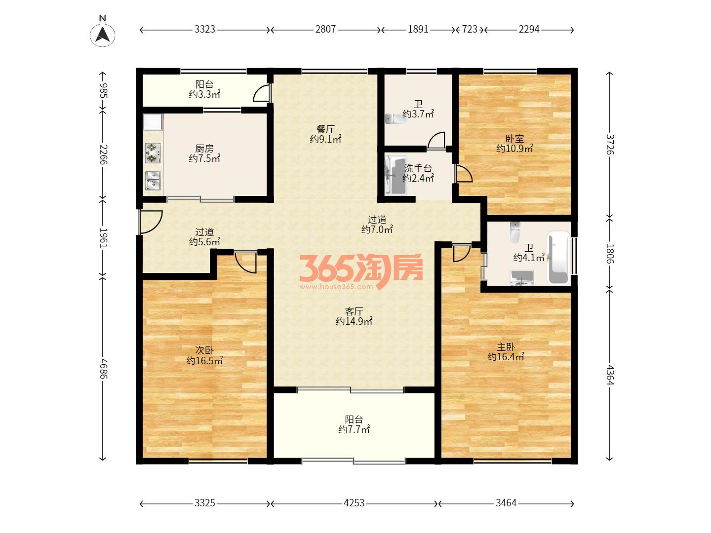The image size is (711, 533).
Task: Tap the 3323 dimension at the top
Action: [x=205, y=30]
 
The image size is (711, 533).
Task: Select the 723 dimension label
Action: [x=470, y=30]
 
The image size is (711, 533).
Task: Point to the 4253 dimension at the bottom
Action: [x=354, y=503]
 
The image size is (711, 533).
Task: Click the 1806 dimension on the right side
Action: [x=609, y=254]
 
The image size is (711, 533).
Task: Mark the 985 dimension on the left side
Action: [x=103, y=91]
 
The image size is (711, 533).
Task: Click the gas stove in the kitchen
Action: [x=153, y=153]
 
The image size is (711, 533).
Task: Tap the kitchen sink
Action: [x=153, y=181]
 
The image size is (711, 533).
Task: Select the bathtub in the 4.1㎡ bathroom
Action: [x=558, y=258]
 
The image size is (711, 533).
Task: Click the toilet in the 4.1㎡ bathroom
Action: [x=514, y=232]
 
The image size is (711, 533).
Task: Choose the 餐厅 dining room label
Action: [x=325, y=129]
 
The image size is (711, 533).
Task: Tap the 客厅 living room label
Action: [x=354, y=311]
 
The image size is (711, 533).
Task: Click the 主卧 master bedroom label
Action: [x=506, y=347]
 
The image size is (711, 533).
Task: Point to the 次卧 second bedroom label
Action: [x=204, y=350]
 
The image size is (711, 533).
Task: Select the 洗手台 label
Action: [x=418, y=168]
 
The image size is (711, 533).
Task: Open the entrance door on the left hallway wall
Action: [x=150, y=222]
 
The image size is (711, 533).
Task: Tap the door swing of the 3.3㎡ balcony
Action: [x=262, y=93]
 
